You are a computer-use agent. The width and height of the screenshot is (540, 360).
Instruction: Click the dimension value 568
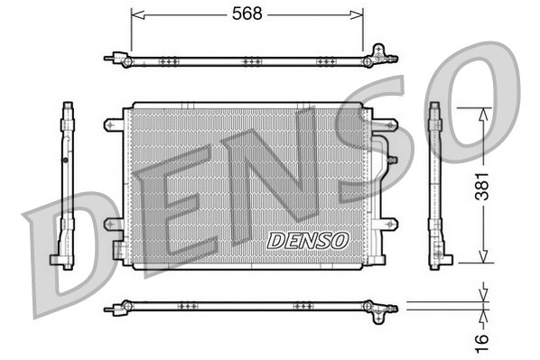[247, 14]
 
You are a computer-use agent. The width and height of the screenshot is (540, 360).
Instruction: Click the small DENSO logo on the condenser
[308, 240]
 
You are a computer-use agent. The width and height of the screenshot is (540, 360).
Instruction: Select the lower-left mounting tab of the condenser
[113, 223]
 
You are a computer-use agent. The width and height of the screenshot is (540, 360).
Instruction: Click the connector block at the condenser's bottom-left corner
[118, 249]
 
